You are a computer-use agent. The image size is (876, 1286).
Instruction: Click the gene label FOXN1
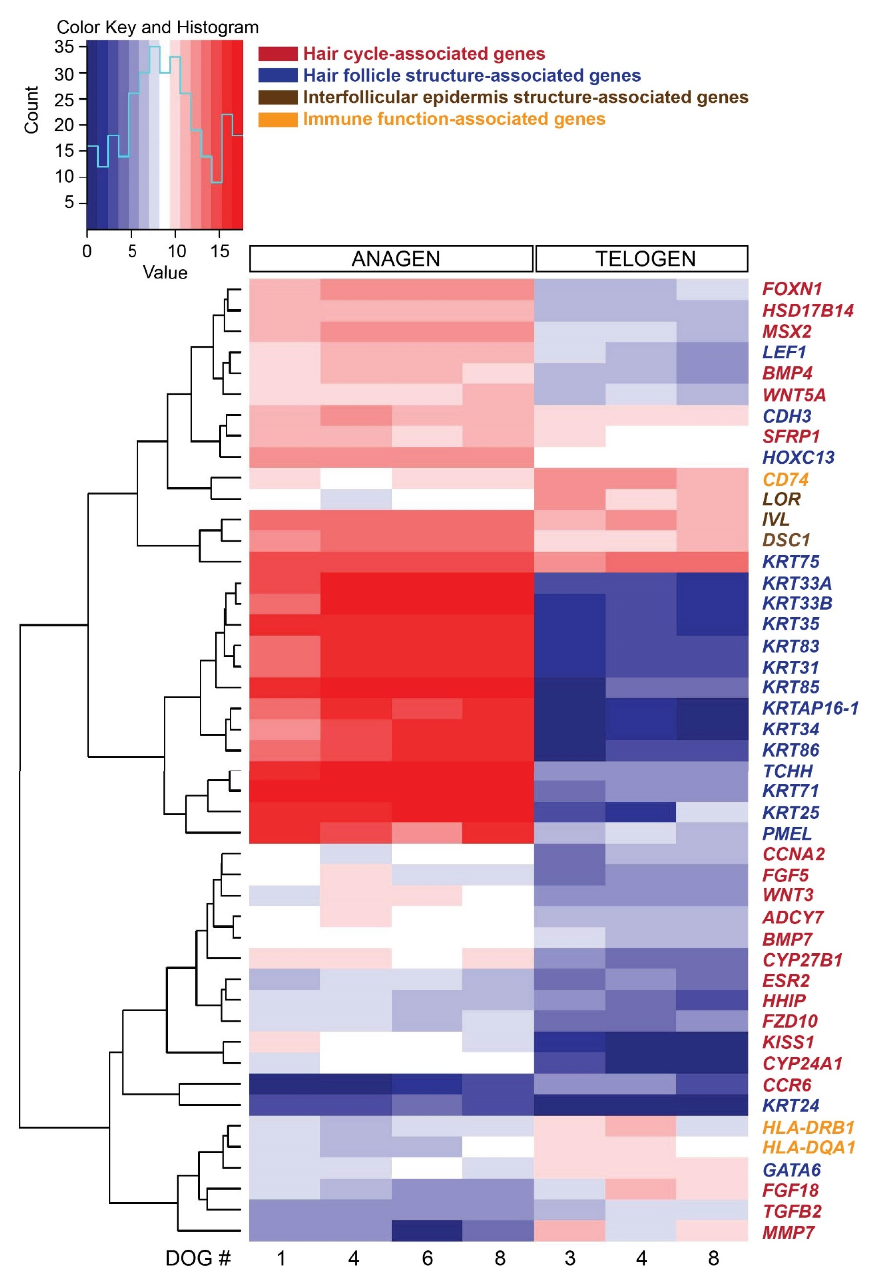click(x=791, y=289)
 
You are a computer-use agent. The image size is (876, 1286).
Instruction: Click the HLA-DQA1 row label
click(x=808, y=1148)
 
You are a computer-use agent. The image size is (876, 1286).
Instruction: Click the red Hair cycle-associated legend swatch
click(x=277, y=54)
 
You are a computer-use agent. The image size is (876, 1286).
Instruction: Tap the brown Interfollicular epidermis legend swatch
click(x=277, y=97)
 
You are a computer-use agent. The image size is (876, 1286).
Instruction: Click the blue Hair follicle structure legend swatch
click(x=277, y=75)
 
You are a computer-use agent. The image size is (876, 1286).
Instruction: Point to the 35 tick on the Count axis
click(x=64, y=47)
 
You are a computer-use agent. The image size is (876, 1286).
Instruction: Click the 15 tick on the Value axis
click(x=220, y=252)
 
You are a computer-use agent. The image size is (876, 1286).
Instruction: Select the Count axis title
click(x=31, y=109)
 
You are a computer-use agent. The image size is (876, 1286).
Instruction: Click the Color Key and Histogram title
click(x=157, y=27)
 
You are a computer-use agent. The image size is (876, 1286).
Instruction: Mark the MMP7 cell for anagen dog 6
click(x=427, y=1231)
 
